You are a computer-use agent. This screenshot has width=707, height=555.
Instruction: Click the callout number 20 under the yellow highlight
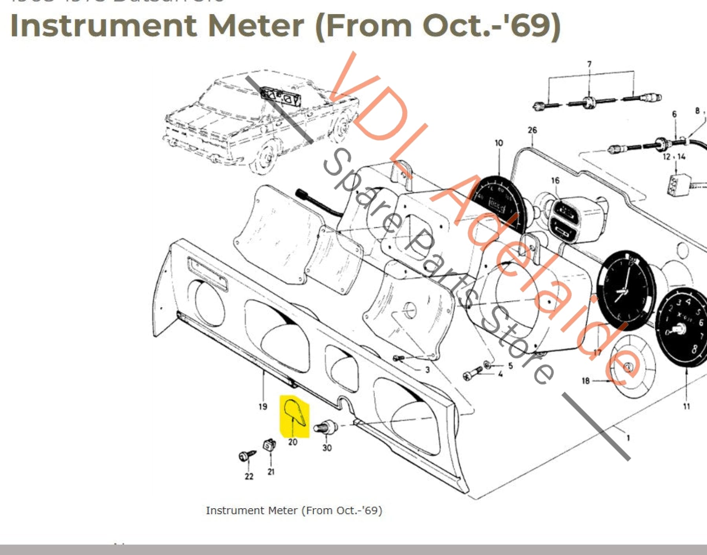pyautogui.click(x=293, y=442)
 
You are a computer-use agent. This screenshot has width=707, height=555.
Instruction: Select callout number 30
pyautogui.click(x=327, y=447)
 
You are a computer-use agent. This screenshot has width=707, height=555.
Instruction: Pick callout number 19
pyautogui.click(x=263, y=406)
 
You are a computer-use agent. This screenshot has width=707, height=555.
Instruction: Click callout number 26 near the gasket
pyautogui.click(x=532, y=130)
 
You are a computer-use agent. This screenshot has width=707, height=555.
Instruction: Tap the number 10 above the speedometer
pyautogui.click(x=499, y=143)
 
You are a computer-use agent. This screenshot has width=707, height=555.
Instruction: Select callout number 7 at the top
pyautogui.click(x=589, y=64)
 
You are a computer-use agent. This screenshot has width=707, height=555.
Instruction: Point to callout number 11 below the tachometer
pyautogui.click(x=686, y=406)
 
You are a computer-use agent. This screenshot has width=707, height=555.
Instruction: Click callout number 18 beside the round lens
pyautogui.click(x=585, y=381)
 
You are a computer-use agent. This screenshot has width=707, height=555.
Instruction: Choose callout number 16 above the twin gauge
pyautogui.click(x=555, y=180)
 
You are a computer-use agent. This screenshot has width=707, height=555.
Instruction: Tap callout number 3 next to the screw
pyautogui.click(x=427, y=370)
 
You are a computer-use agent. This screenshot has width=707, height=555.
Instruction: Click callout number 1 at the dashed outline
pyautogui.click(x=628, y=438)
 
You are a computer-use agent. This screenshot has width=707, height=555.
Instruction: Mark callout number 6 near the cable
pyautogui.click(x=674, y=114)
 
